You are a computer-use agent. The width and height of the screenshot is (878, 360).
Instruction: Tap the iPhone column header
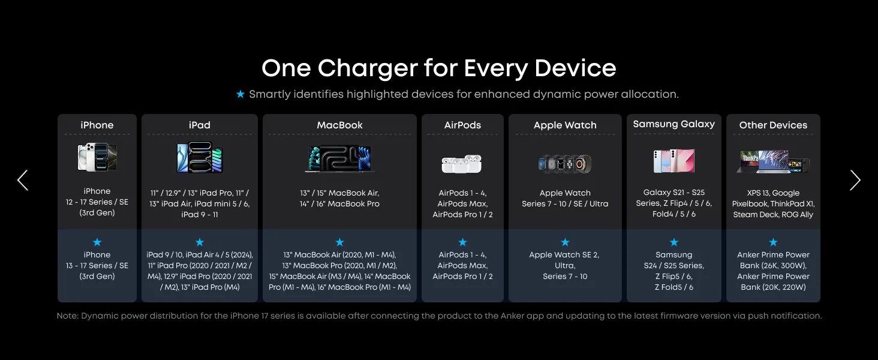pyautogui.click(x=97, y=125)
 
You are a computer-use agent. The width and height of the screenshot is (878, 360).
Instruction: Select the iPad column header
pyautogui.click(x=200, y=125)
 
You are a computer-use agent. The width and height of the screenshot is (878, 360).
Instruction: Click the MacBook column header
pyautogui.click(x=339, y=125)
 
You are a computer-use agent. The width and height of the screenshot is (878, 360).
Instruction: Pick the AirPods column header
pyautogui.click(x=462, y=125)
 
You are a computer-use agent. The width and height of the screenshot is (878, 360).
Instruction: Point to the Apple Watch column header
pyautogui.click(x=565, y=125)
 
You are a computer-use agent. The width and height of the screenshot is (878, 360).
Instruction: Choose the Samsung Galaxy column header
pyautogui.click(x=673, y=124)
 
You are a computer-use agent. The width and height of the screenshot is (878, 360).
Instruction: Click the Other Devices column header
pyautogui.click(x=773, y=125)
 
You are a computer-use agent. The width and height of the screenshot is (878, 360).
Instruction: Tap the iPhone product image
pyautogui.click(x=97, y=157)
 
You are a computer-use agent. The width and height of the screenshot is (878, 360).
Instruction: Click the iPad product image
pyautogui.click(x=200, y=157)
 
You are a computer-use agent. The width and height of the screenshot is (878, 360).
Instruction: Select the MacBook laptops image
pyautogui.click(x=339, y=159)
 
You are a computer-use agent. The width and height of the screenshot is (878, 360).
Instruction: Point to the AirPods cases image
pyautogui.click(x=462, y=164)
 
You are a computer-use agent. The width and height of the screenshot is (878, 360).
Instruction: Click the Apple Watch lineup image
pyautogui.click(x=565, y=164)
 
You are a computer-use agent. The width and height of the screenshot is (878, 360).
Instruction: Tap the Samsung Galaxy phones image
pyautogui.click(x=673, y=161)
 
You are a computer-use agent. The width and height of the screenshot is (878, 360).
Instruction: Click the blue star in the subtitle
pyautogui.click(x=240, y=94)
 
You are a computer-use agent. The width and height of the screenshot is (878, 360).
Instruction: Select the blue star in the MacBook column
pyautogui.click(x=339, y=242)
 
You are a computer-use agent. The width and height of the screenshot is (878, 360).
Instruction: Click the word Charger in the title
pyautogui.click(x=367, y=68)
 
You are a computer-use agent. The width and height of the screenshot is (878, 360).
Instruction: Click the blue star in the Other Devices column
pyautogui.click(x=773, y=242)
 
